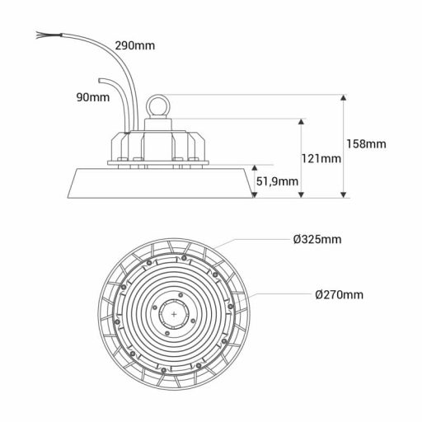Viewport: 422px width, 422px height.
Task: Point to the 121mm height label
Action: [321, 159]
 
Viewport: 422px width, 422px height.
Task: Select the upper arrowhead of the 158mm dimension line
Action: [344, 98]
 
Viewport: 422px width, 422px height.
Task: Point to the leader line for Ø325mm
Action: [256, 241]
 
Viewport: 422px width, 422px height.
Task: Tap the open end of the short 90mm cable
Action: [100, 78]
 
